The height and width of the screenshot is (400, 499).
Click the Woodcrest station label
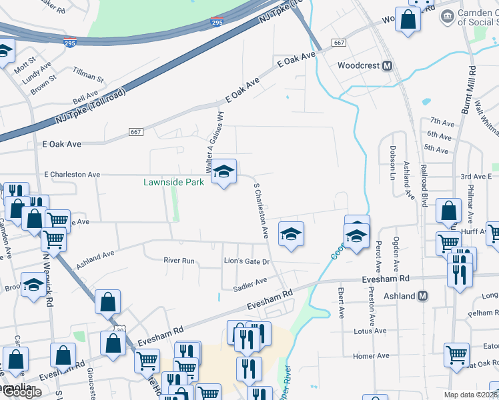coord(359,66)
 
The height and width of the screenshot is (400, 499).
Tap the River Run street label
coord(179,261)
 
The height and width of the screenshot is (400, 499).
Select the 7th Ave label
coord(442,121)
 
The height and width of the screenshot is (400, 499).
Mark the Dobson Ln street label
coord(392,157)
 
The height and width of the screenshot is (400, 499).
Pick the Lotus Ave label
coord(370,331)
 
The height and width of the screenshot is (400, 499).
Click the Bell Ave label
coord(85,99)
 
